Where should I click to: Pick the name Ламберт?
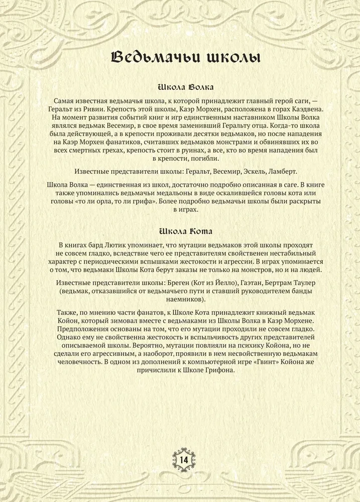coord(283,171)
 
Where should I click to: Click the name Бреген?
coord(186,283)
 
